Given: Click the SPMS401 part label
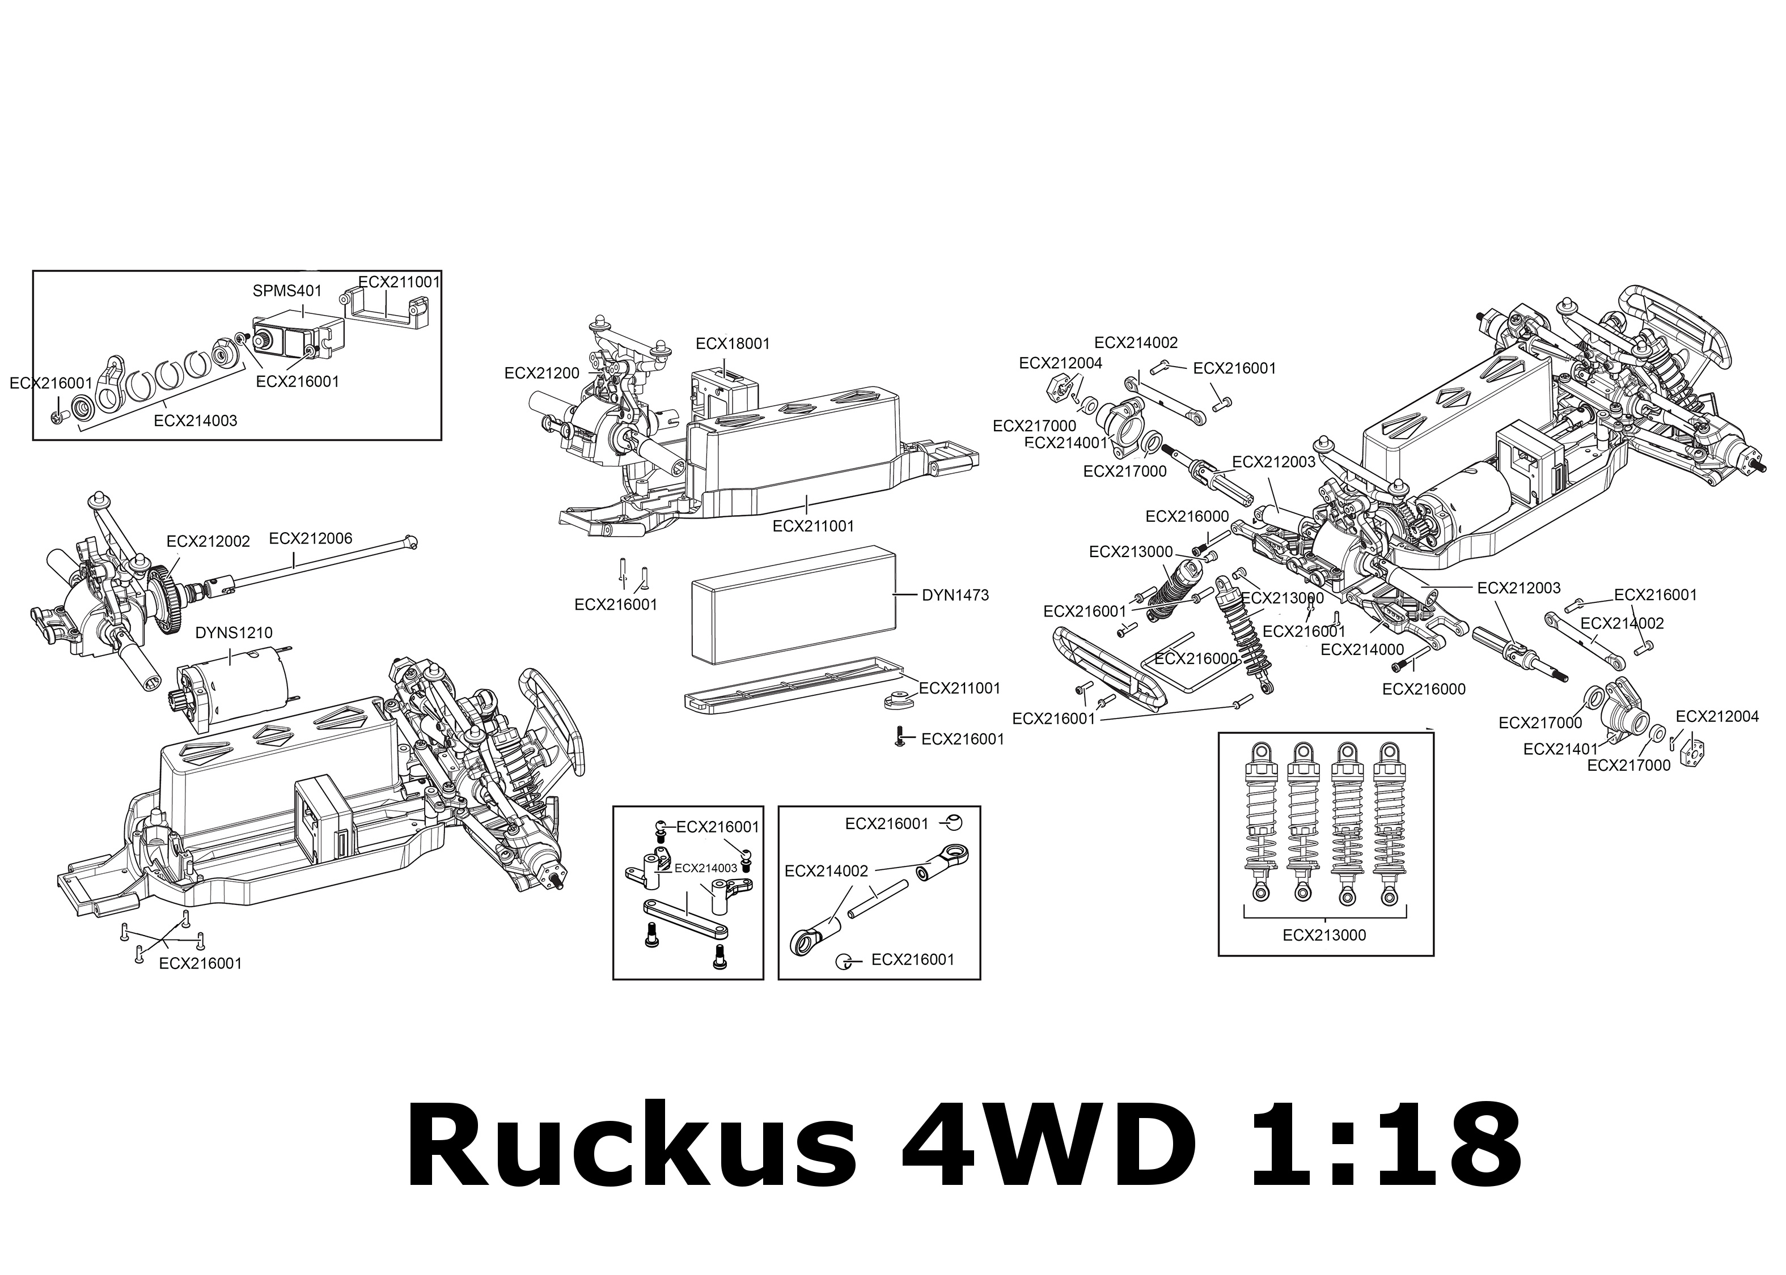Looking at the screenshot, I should click(x=287, y=291).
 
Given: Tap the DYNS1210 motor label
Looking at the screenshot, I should click(x=234, y=633).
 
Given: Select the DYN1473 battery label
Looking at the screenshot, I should click(x=955, y=595).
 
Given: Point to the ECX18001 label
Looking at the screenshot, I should click(x=733, y=344).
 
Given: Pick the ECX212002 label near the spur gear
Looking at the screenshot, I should click(x=208, y=542).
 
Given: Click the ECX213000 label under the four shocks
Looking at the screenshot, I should click(x=1324, y=935).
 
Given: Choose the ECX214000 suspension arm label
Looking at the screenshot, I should click(x=1362, y=650).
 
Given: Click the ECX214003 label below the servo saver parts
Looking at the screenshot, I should click(x=196, y=421).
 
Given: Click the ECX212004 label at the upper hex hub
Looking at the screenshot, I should click(x=1060, y=363).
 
